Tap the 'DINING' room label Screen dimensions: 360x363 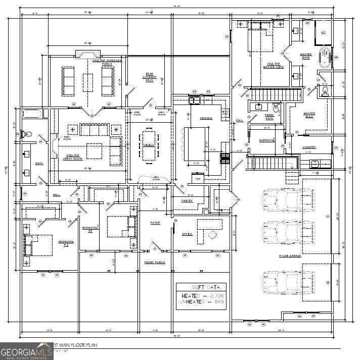[148, 145]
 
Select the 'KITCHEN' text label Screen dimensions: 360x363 [206, 118]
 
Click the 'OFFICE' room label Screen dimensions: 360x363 [187, 234]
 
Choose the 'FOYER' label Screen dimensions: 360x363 [155, 222]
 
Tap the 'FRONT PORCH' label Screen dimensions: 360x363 [155, 263]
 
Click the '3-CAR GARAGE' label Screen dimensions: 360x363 [290, 256]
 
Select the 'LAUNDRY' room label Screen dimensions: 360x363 [309, 147]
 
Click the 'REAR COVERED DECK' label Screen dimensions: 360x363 [150, 77]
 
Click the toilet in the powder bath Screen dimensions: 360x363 [276, 108]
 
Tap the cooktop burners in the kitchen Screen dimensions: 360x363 [224, 158]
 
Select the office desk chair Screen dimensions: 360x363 [212, 234]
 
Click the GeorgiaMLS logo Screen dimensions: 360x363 [26, 350]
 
